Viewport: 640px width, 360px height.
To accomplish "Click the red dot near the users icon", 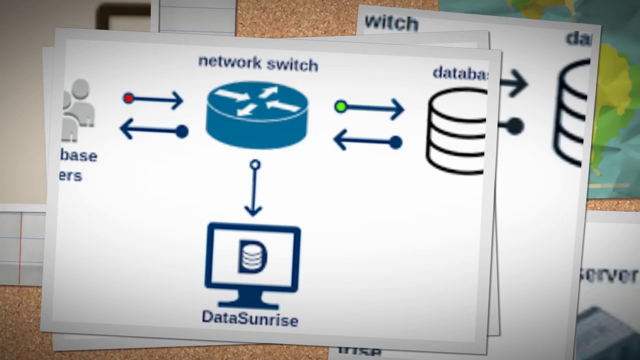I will pos(128,98).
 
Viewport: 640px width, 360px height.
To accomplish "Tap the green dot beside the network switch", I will pos(341,106).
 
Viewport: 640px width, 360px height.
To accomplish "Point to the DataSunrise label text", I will pos(249,318).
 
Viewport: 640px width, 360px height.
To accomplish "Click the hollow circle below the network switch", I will pos(254,164).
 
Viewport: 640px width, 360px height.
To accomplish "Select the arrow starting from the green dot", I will pos(375,108).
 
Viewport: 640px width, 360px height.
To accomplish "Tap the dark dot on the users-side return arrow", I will pos(182,131).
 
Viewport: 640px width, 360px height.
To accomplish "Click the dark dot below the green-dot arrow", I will pos(395,142).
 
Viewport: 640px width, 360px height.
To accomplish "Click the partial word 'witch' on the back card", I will pos(391,22).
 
